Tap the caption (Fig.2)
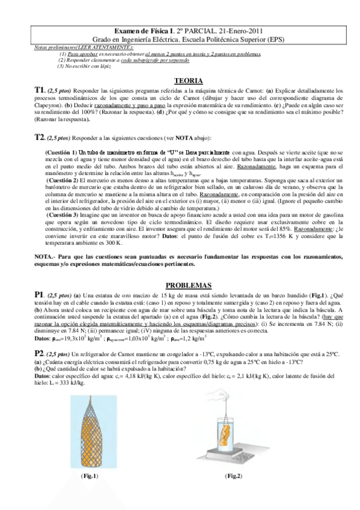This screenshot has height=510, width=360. [x=233, y=476]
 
